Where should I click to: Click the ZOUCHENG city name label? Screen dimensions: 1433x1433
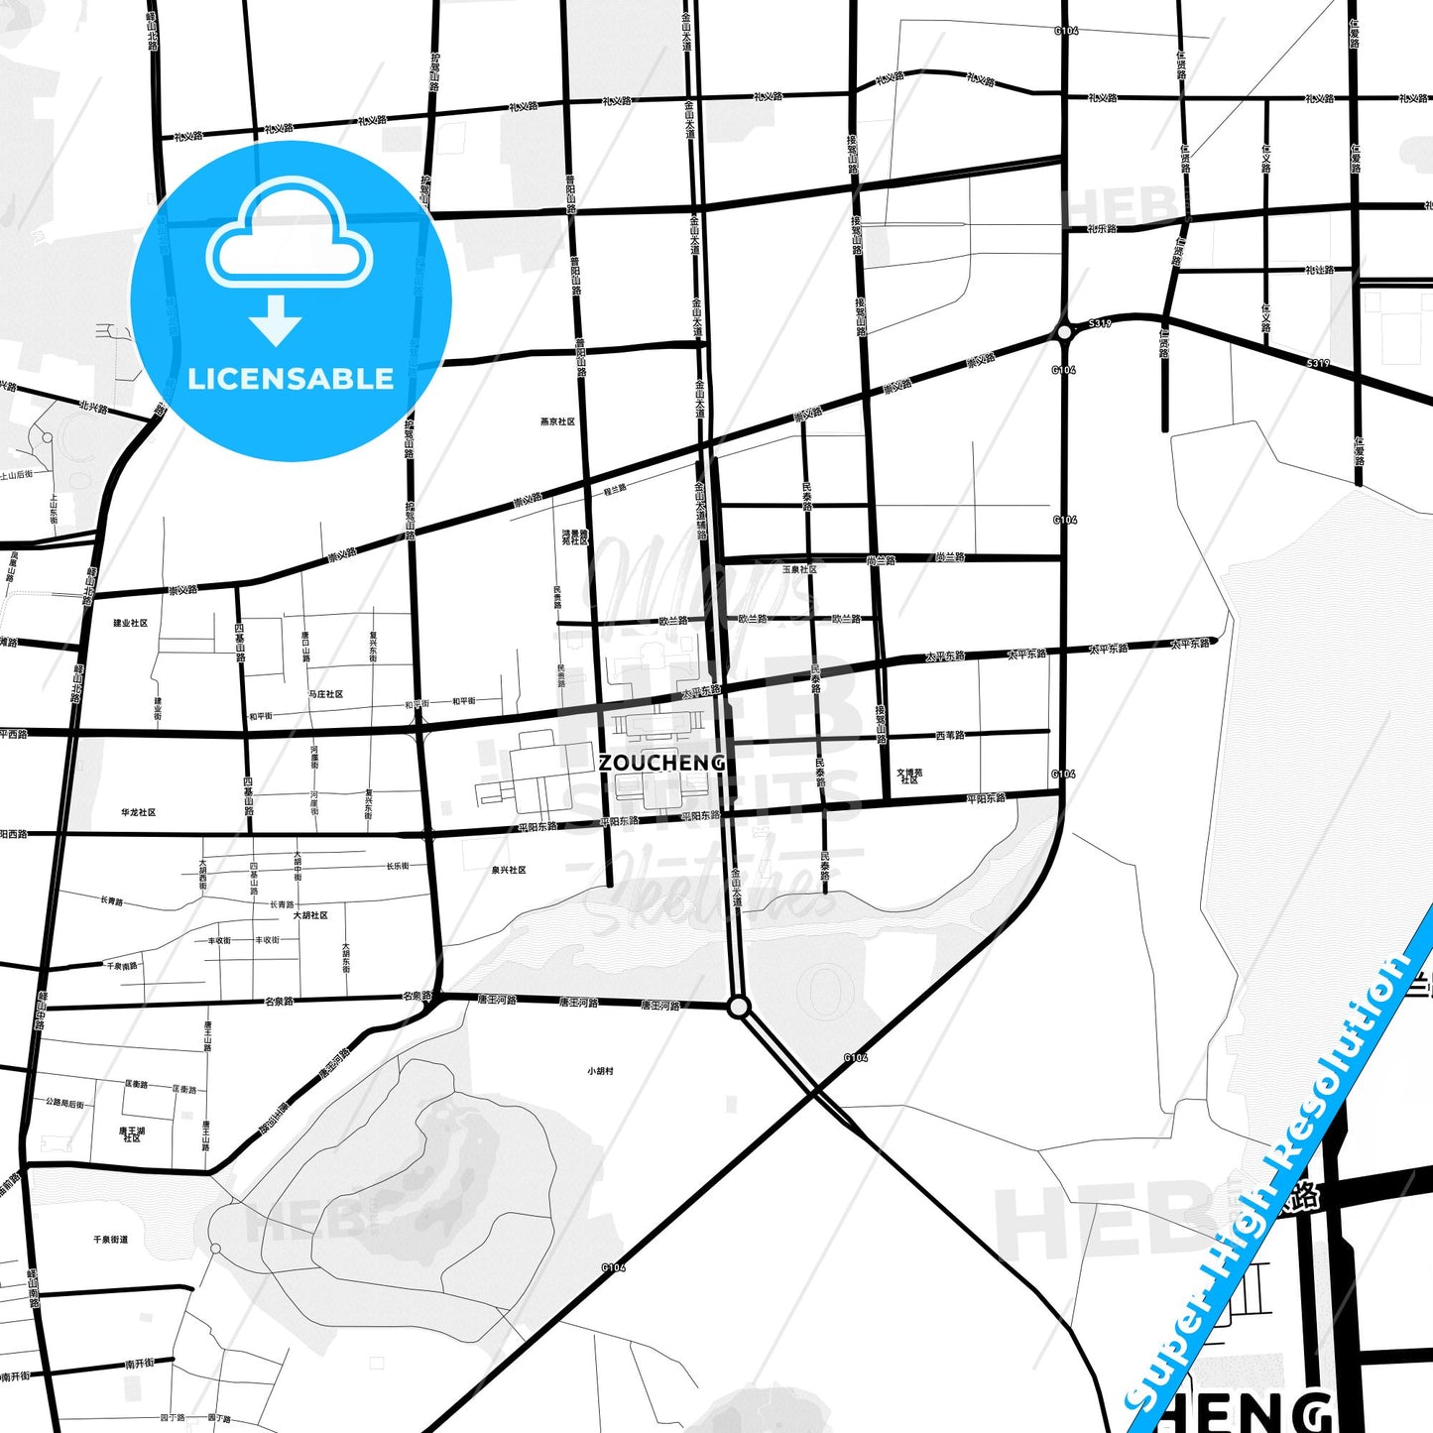[x=661, y=763]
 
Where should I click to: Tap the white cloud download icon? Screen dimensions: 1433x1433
[x=290, y=238]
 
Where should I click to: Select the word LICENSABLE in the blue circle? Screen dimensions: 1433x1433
[x=291, y=379]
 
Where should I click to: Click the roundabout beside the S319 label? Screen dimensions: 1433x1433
[x=1064, y=332]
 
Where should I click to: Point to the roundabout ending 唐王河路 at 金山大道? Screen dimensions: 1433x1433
[x=738, y=1007]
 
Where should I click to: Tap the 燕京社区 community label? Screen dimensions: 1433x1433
[x=557, y=421]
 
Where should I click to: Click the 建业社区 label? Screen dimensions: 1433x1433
[x=130, y=623]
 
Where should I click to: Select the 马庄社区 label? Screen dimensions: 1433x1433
[x=325, y=694]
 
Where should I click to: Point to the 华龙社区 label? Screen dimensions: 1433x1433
[x=139, y=812]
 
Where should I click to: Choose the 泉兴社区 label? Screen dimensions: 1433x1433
[x=509, y=870]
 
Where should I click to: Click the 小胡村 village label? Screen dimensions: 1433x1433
[x=600, y=1071]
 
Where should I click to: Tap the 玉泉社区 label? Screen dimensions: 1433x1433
[x=799, y=569]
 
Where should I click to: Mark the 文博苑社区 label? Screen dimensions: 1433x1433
[x=909, y=776]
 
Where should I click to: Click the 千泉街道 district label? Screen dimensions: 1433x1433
[x=110, y=1240]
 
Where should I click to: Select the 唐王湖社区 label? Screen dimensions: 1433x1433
[x=132, y=1134]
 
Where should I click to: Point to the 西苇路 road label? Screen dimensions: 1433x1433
[x=950, y=735]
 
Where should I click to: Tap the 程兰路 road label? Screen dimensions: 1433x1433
[x=615, y=489]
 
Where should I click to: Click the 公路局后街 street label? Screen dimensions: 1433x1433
[x=64, y=1102]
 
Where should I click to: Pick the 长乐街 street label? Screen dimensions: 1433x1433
[x=398, y=866]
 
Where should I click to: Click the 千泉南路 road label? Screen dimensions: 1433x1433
[x=123, y=965]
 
